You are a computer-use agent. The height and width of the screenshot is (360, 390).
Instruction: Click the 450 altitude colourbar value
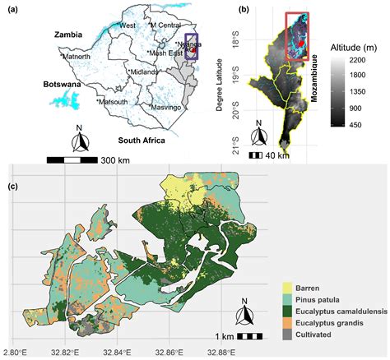366,124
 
